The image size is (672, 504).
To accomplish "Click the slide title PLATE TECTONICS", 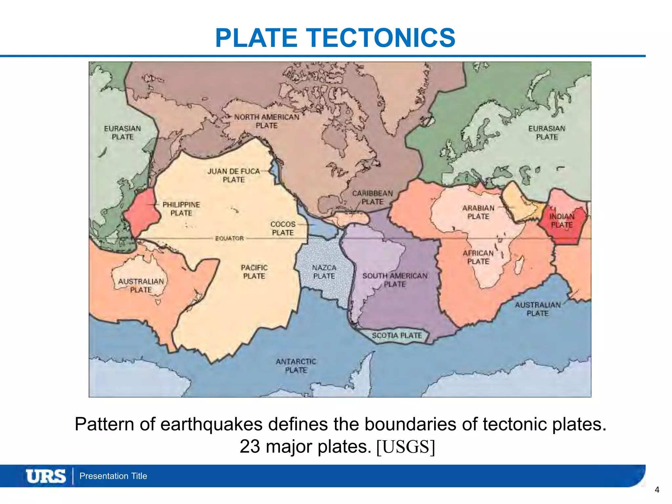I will pos(335,38).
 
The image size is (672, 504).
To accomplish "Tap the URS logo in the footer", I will pos(46,476).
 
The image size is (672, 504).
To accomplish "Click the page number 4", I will pos(657,490).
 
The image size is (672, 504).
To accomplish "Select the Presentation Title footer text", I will pos(113,476).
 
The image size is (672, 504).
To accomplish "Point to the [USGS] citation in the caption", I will pos(406,447).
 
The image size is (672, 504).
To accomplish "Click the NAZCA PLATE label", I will pos(324,272).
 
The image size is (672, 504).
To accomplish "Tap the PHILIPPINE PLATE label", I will pos(181,209).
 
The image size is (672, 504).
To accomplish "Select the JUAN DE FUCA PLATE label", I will pos(234,176).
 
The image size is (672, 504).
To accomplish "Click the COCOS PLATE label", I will pos(283,228).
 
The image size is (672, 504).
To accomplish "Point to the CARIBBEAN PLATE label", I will pos(372,197).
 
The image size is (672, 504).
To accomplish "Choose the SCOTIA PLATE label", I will pos(397,335).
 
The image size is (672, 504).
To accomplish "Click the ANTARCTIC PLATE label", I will pos(296,366).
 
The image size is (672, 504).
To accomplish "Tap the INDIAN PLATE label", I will pos(562,220).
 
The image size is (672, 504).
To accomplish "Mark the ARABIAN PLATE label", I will pos(478,212).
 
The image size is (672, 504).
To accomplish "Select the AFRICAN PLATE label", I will pos(478,257).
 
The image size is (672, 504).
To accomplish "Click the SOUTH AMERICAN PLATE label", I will pos(395,280).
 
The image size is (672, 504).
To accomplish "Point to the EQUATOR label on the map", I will pos(229,238).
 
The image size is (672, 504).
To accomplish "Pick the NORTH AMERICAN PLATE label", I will pos(266,121).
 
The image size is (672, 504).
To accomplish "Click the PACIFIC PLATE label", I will pos(254,272).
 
